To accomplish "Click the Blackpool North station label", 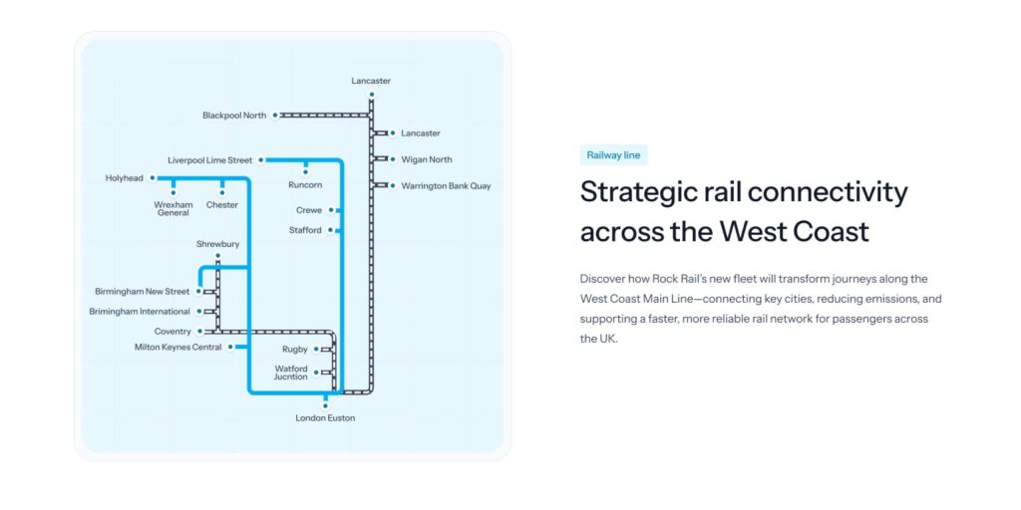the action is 234,116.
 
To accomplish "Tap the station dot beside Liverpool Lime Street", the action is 260,160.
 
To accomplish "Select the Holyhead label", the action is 125,177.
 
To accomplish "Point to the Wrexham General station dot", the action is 173,192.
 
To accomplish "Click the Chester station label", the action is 222,205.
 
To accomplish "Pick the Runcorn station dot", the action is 305,172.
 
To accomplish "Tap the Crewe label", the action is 309,210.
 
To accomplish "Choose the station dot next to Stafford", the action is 331,230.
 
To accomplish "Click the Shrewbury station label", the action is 218,245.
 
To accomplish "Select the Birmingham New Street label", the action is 142,292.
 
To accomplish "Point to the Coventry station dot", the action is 199,331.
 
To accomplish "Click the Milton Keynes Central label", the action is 177,348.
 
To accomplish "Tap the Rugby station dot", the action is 316,350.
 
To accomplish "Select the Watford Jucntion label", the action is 291,373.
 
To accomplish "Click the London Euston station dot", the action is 326,406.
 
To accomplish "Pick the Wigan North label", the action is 427,159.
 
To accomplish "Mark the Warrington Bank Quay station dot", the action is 393,185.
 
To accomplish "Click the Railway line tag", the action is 613,155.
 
